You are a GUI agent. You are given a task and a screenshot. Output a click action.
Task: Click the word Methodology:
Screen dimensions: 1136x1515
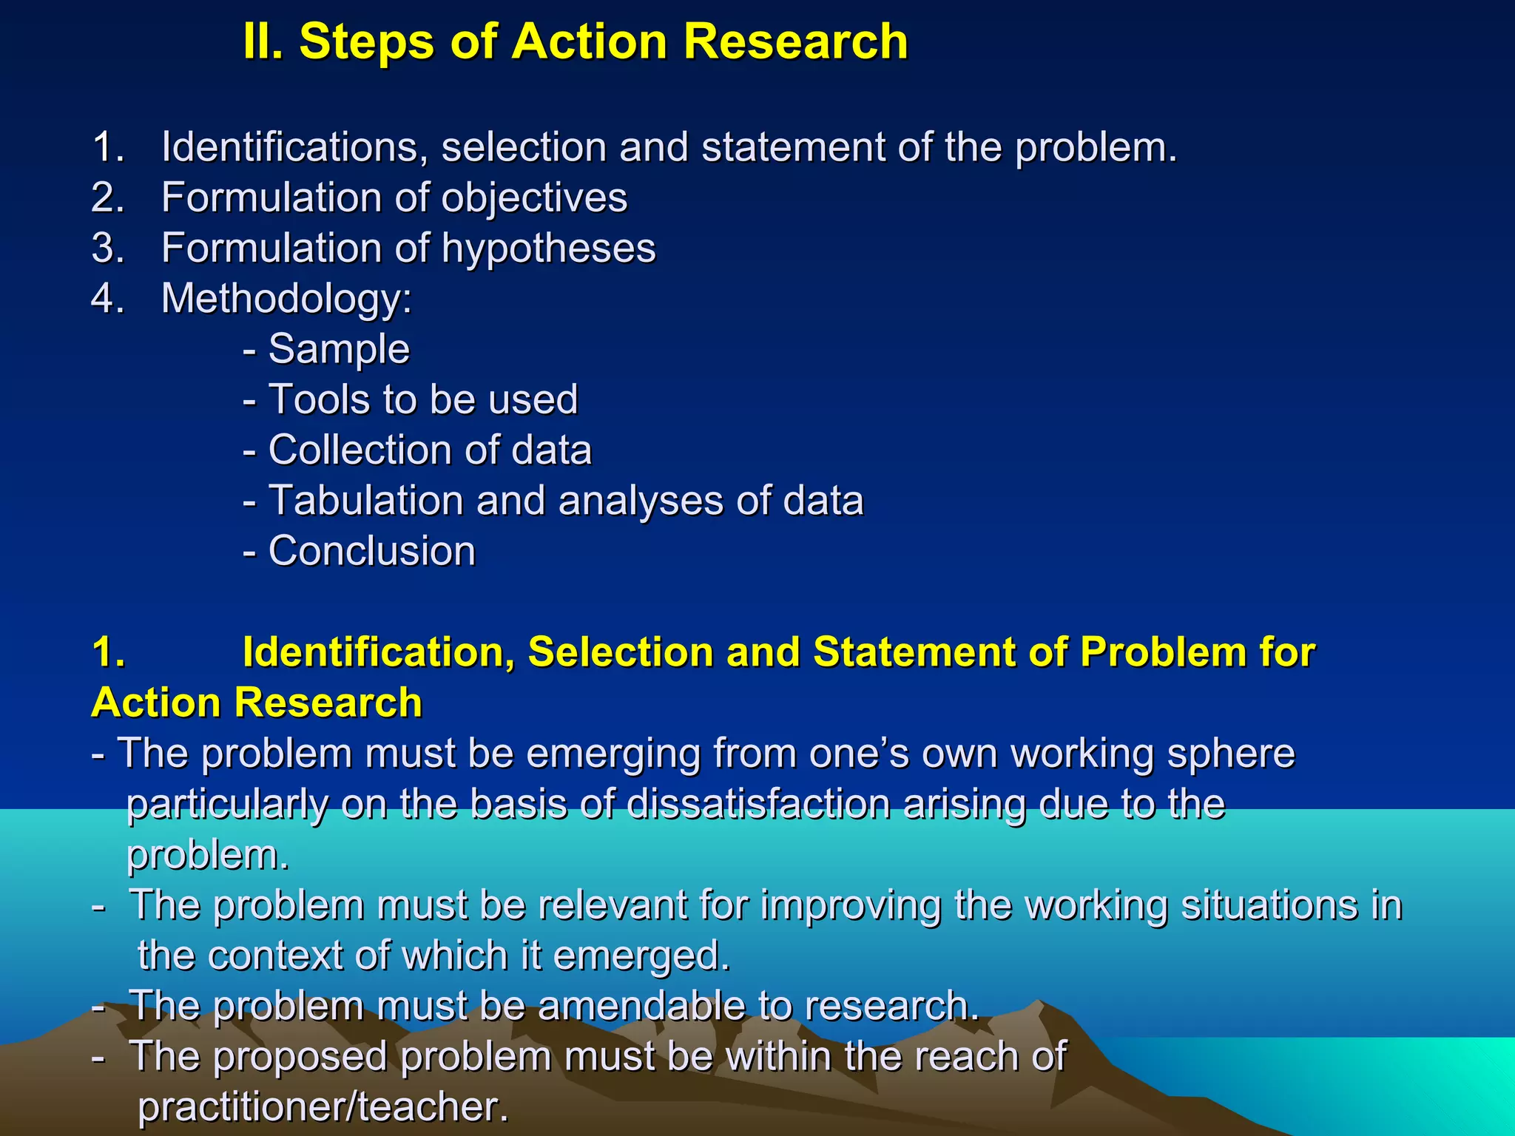pyautogui.click(x=287, y=300)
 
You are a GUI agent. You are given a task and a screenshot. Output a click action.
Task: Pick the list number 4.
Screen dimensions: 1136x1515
pyautogui.click(x=108, y=298)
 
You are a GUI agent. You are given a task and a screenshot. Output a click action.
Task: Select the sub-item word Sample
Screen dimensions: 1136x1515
pyautogui.click(x=339, y=349)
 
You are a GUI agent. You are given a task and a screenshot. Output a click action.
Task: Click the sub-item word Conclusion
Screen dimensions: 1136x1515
pyautogui.click(x=371, y=551)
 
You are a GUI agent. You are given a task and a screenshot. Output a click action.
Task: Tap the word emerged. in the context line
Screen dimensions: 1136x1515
pyautogui.click(x=641, y=957)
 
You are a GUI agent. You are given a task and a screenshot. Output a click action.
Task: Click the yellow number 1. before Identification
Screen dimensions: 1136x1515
pyautogui.click(x=108, y=652)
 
